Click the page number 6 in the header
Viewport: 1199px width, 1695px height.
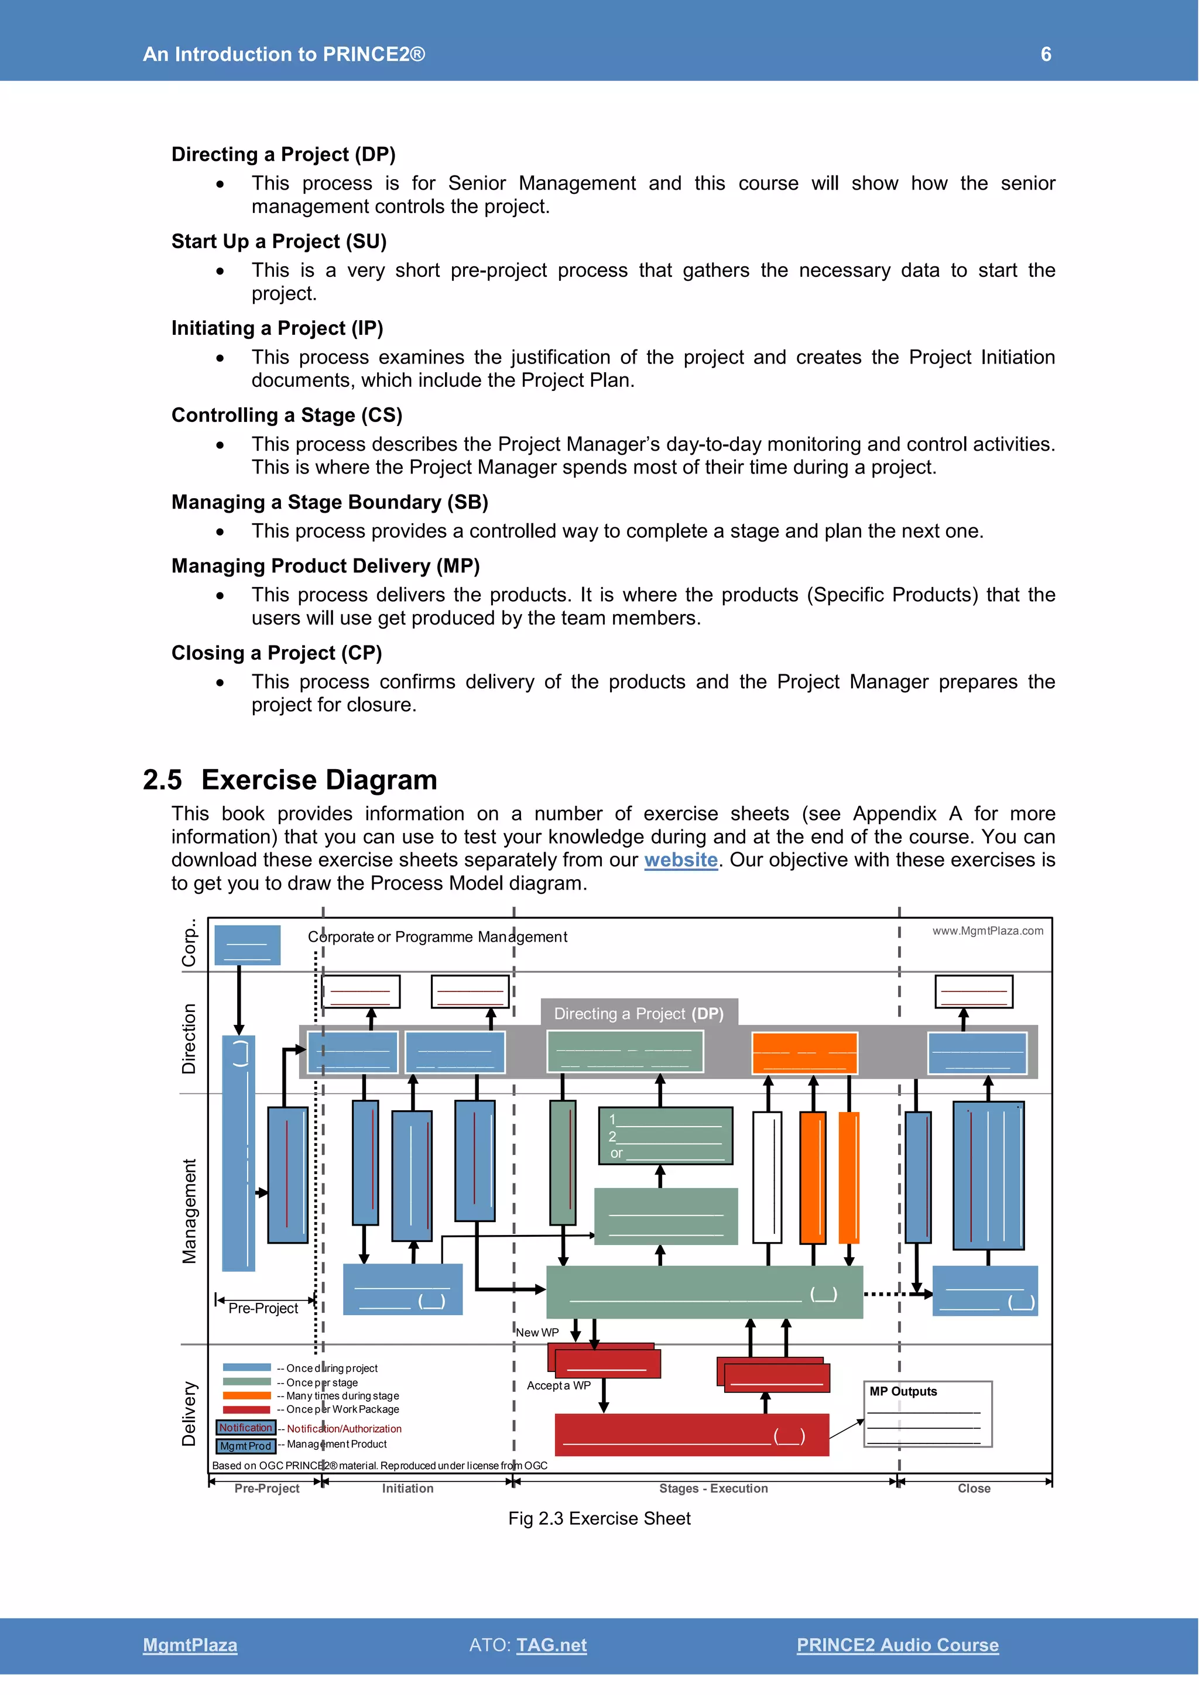(x=1046, y=54)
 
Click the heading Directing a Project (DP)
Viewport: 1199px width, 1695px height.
(x=283, y=155)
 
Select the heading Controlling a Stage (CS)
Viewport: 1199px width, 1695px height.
(x=286, y=415)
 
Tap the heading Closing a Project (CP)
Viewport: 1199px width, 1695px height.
(x=276, y=653)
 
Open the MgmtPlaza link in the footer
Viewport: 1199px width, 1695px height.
(x=190, y=1645)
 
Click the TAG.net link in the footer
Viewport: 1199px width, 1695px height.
(x=551, y=1645)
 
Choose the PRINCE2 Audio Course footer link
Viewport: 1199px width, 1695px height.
(x=897, y=1645)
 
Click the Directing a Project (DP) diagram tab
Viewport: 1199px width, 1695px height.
(x=639, y=1014)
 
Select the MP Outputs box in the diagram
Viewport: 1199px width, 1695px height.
(x=927, y=1413)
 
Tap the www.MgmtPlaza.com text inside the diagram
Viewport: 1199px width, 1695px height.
(x=987, y=931)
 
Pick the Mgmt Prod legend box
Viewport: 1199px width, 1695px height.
(x=246, y=1446)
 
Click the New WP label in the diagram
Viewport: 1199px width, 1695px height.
(x=537, y=1333)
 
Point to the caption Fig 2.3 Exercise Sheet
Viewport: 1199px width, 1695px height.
(x=599, y=1519)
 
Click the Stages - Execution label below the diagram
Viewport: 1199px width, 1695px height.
(x=713, y=1488)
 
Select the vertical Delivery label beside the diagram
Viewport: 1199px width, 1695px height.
(x=189, y=1413)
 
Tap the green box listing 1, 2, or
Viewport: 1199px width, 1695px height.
(x=665, y=1135)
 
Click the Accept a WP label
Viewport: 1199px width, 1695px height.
(x=558, y=1386)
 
